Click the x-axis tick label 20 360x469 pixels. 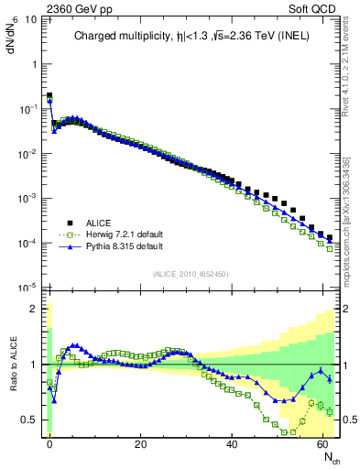tap(140, 443)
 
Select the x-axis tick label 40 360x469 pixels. tap(232, 443)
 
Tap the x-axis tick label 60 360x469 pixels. tap(322, 443)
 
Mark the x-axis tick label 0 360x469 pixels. tap(49, 443)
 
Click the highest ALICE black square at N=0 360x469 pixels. tap(49, 95)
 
